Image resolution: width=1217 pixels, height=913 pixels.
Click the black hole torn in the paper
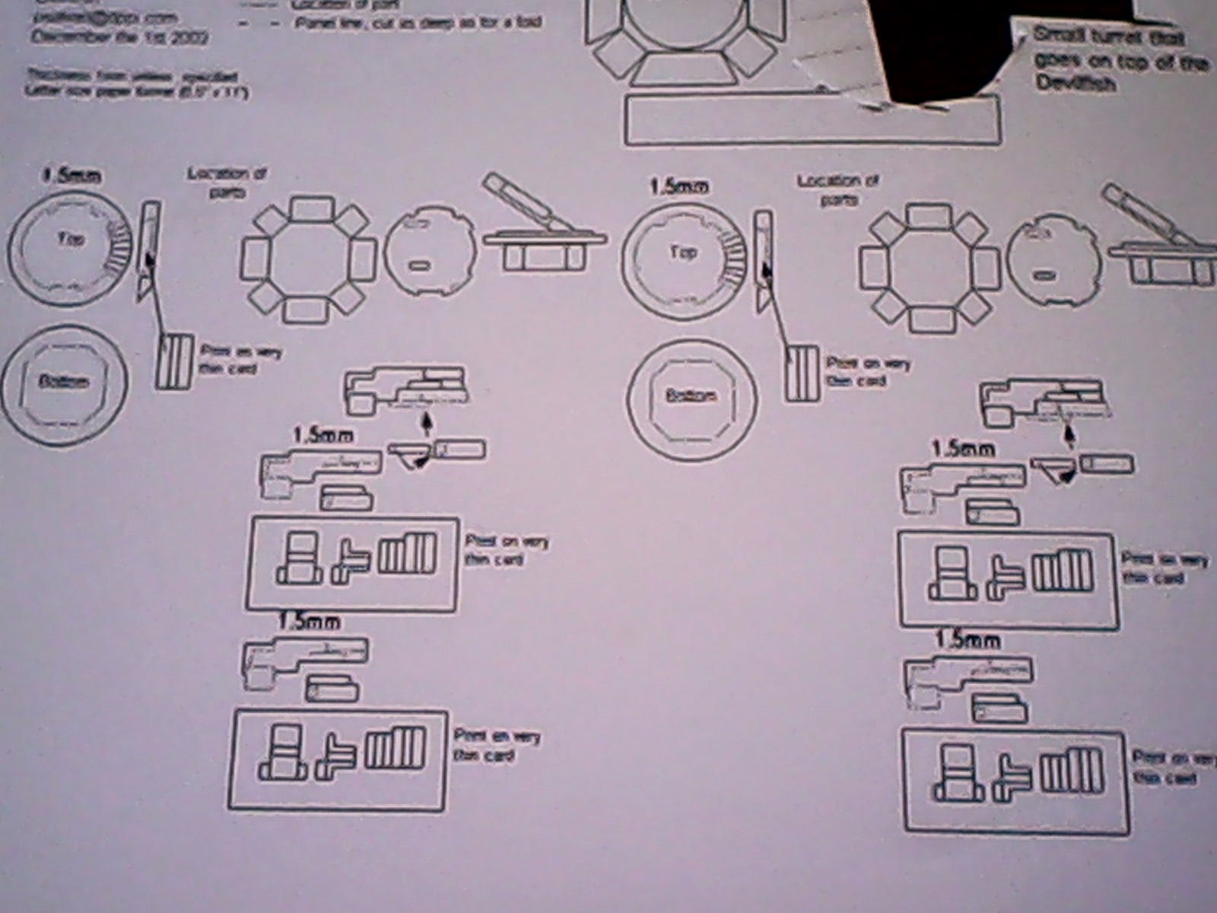943,46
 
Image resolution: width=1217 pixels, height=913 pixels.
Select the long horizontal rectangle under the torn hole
812,119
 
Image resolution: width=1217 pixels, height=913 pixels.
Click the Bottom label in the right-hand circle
691,396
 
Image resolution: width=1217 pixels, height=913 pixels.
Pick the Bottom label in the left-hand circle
63,381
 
